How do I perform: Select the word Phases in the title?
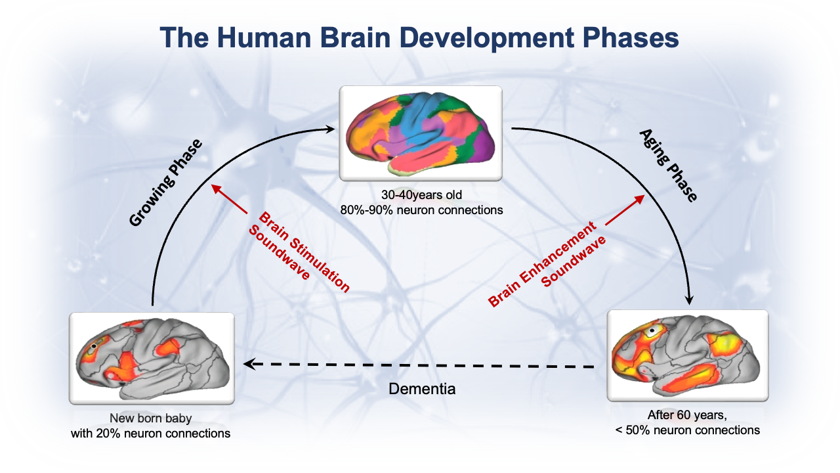click(631, 38)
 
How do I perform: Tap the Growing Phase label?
click(165, 183)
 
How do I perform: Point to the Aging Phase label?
click(668, 165)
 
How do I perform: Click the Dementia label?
click(422, 389)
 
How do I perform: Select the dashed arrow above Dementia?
click(419, 365)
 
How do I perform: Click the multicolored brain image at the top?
click(421, 133)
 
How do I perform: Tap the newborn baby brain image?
click(152, 358)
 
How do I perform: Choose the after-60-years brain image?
click(688, 355)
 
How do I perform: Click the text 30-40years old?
click(421, 195)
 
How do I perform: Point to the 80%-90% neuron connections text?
click(421, 210)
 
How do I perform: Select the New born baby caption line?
click(150, 418)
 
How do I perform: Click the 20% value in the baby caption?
click(108, 433)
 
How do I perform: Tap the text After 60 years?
click(687, 415)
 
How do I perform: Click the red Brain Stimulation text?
click(304, 252)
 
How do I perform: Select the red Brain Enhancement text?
click(542, 264)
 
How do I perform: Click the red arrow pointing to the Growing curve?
click(230, 199)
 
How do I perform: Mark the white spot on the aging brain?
click(652, 331)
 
